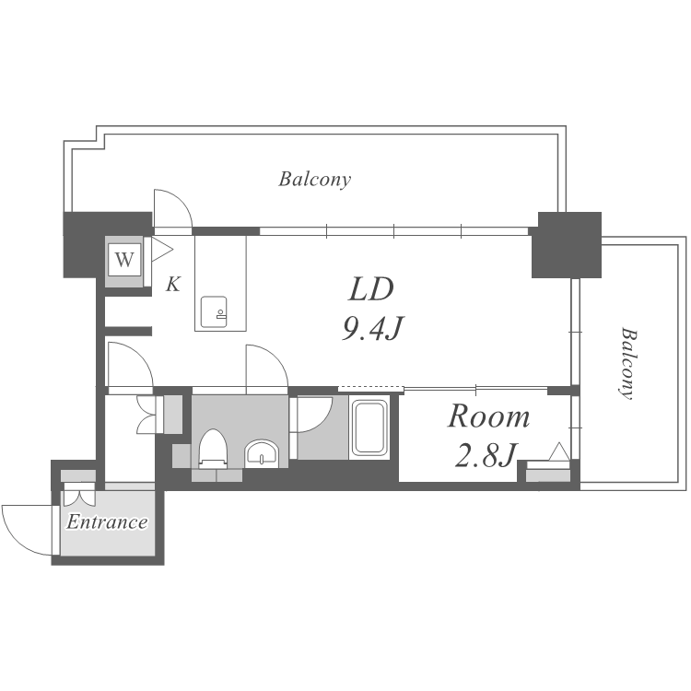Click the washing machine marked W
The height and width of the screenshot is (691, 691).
124,260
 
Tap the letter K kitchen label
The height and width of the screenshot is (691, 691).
173,285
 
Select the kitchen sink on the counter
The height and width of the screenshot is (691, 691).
214,311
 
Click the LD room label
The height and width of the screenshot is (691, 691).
370,289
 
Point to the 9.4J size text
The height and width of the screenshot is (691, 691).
373,328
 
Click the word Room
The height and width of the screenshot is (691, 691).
488,416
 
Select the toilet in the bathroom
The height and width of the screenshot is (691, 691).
213,448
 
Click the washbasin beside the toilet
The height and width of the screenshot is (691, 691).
262,453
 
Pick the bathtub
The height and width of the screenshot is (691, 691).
369,427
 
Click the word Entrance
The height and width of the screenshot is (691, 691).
107,521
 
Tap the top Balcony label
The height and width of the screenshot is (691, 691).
315,179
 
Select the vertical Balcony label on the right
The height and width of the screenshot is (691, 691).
627,363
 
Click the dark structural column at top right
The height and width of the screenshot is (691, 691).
567,245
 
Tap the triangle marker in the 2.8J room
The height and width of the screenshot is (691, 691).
559,451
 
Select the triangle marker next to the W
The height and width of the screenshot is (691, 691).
161,250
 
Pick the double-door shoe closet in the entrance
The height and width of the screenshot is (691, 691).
79,495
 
